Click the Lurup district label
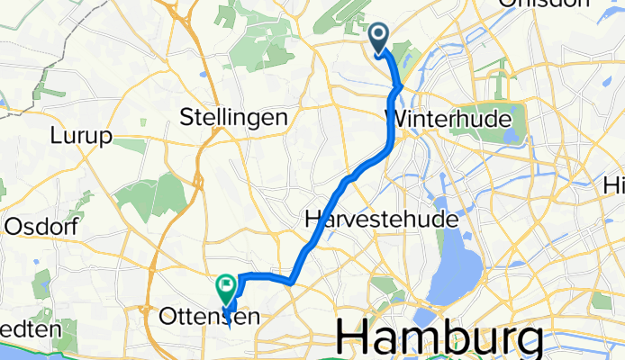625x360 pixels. pyautogui.click(x=81, y=136)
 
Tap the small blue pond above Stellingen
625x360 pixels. pyautogui.click(x=203, y=75)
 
